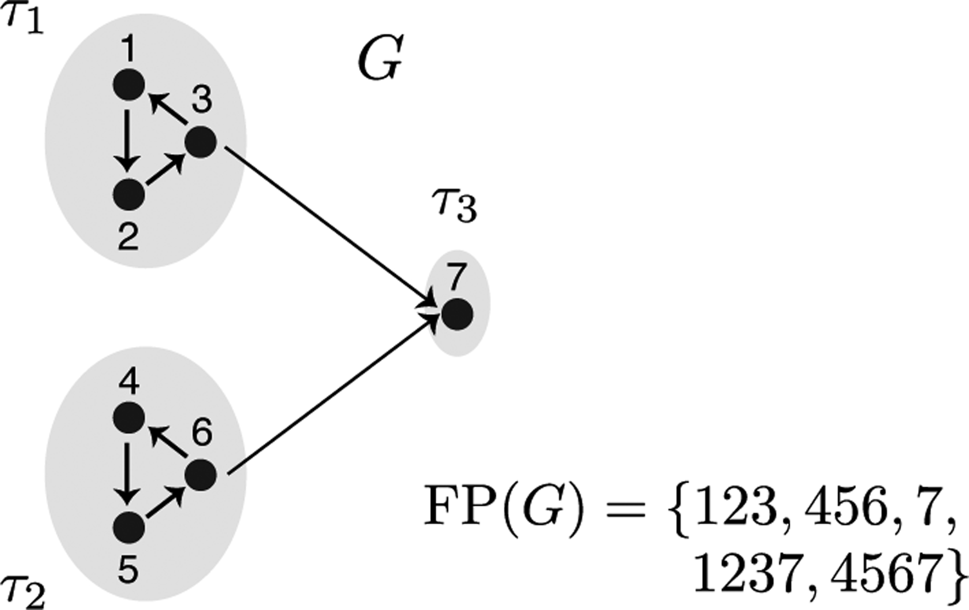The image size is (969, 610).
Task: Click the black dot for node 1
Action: pyautogui.click(x=129, y=84)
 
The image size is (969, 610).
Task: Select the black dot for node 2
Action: pyautogui.click(x=129, y=194)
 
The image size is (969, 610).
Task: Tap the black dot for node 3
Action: pyautogui.click(x=201, y=142)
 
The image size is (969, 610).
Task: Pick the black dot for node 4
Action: pyautogui.click(x=129, y=418)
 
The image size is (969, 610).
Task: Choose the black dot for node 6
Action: pyautogui.click(x=201, y=475)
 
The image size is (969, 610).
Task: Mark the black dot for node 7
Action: pyautogui.click(x=457, y=314)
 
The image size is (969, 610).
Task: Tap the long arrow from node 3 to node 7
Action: pyautogui.click(x=328, y=222)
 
